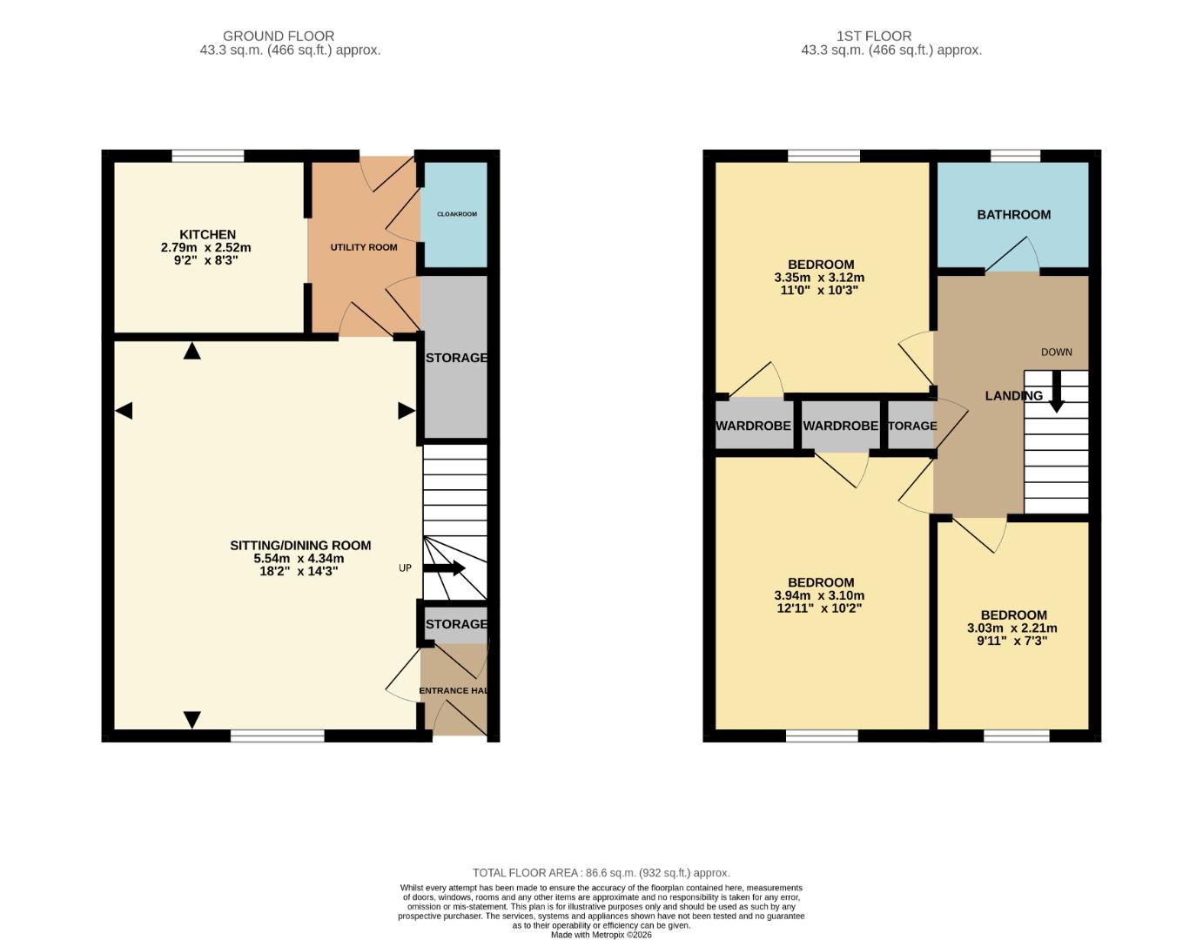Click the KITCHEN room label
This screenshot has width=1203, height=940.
tap(207, 234)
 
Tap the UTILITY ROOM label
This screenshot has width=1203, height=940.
tap(363, 247)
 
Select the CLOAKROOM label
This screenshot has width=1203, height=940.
tap(456, 214)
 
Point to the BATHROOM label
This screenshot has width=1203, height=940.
tap(1013, 214)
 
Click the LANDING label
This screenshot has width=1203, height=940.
tap(1013, 395)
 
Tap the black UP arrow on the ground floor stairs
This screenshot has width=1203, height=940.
tap(445, 568)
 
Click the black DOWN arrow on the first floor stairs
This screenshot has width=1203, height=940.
tap(1056, 393)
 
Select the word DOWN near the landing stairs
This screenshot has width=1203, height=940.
tap(1056, 352)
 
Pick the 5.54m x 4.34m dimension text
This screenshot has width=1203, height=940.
tap(299, 559)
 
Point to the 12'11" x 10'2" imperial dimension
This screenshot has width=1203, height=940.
tap(819, 608)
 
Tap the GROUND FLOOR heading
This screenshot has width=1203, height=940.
tap(279, 36)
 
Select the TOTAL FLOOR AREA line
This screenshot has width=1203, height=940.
tap(601, 872)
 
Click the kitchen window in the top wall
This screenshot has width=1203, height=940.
tap(208, 156)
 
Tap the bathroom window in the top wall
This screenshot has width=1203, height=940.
tap(1015, 156)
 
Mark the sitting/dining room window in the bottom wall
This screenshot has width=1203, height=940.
tap(278, 736)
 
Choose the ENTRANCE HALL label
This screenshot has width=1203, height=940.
tap(453, 691)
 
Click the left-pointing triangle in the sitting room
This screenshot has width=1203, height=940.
tap(124, 411)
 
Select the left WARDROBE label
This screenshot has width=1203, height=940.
tap(753, 426)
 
